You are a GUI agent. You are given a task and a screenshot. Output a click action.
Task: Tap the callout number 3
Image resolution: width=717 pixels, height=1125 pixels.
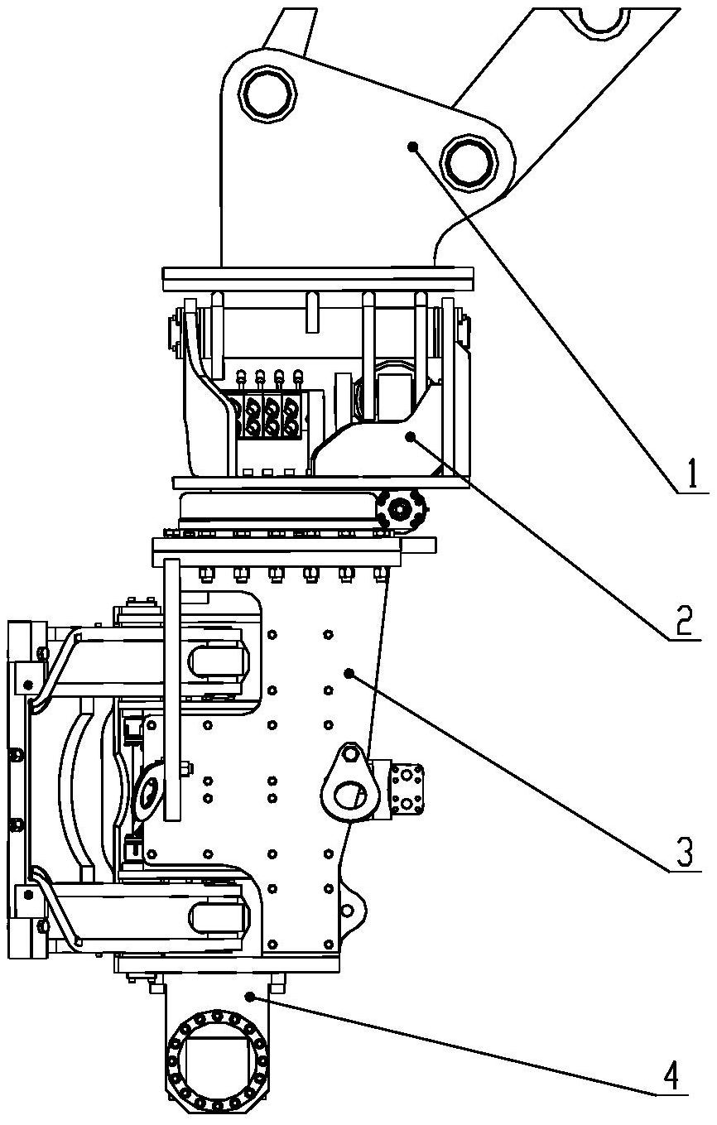pyautogui.click(x=685, y=853)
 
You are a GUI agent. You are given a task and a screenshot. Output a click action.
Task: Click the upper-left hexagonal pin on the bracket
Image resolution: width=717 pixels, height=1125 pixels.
pyautogui.click(x=267, y=94)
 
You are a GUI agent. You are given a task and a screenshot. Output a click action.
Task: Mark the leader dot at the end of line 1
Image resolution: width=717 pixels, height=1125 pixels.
pyautogui.click(x=413, y=147)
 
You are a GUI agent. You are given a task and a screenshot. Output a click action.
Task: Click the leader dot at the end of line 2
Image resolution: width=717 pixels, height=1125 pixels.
pyautogui.click(x=411, y=436)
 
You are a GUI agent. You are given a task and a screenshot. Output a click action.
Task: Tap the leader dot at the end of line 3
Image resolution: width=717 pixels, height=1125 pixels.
pyautogui.click(x=349, y=672)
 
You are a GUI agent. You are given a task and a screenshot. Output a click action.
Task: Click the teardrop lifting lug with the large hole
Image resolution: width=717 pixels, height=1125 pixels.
pyautogui.click(x=346, y=784)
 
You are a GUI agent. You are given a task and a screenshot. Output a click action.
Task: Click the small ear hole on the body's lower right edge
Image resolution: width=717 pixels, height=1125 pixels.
pyautogui.click(x=347, y=911)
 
